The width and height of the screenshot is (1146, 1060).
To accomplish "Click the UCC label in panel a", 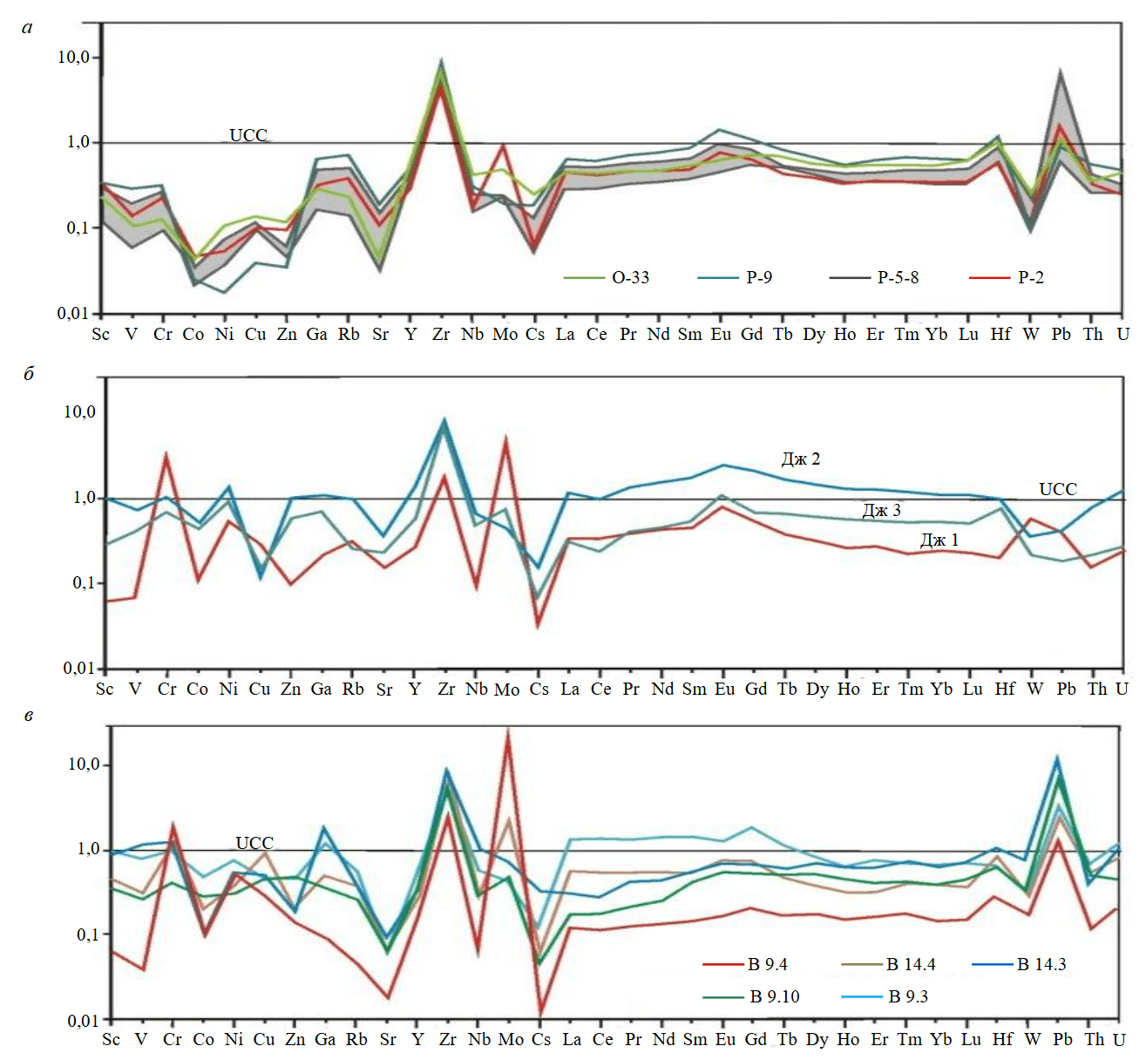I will coord(248,135).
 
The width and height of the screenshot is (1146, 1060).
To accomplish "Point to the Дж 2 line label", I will coord(801,459).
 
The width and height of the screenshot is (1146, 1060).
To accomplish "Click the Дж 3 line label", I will coord(882,511).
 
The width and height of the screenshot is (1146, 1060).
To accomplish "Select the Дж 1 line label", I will coord(939,540).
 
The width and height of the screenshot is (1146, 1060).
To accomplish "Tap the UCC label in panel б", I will coord(1058,489).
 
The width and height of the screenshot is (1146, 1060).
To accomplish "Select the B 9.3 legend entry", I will coord(907,996).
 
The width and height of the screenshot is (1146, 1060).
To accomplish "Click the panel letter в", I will coord(29,717).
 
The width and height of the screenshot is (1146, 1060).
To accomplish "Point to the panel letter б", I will coord(29,374).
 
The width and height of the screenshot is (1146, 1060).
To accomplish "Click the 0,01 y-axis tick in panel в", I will coord(84,1020).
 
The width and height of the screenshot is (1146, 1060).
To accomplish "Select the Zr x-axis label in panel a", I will coord(441,335).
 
